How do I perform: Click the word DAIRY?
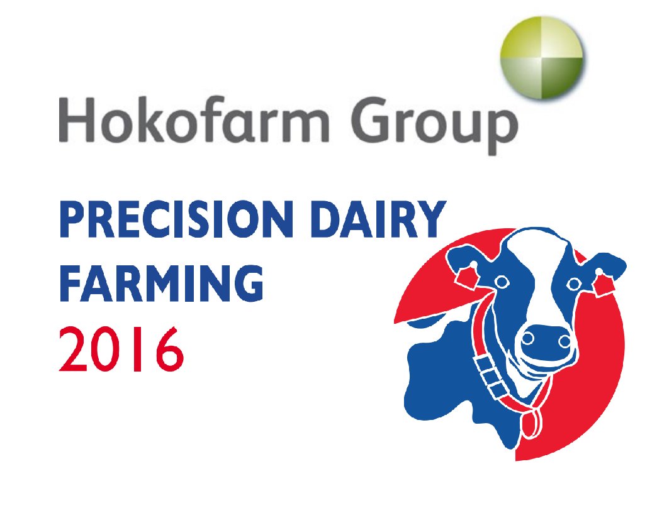[x=381, y=219]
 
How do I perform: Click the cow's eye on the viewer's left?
[x=502, y=281]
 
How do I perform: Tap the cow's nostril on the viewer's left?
[x=528, y=339]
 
